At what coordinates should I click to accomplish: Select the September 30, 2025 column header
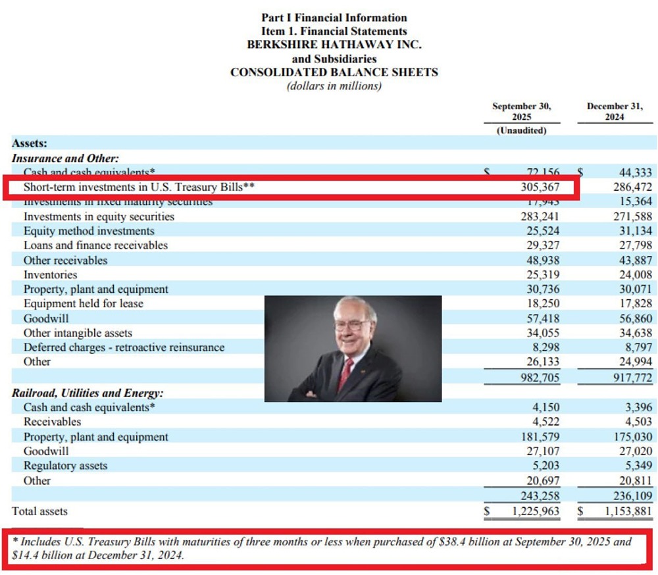pos(522,111)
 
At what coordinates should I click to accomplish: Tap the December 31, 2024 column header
pos(615,111)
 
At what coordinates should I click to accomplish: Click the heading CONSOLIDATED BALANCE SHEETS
pos(334,72)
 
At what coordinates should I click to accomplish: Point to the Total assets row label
pos(39,511)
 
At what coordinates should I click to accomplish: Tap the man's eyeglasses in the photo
pos(351,326)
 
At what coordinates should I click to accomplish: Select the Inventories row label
pos(50,275)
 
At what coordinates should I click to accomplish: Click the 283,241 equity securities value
pos(540,216)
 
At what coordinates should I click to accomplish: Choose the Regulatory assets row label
pos(65,466)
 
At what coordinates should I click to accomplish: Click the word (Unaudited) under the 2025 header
pos(522,130)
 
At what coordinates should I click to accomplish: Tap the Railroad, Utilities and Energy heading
pos(88,393)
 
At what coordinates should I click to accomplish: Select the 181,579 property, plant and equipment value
pos(540,437)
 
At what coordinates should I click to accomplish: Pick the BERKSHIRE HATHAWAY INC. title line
pos(334,45)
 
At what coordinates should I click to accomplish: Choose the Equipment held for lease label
pos(83,304)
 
